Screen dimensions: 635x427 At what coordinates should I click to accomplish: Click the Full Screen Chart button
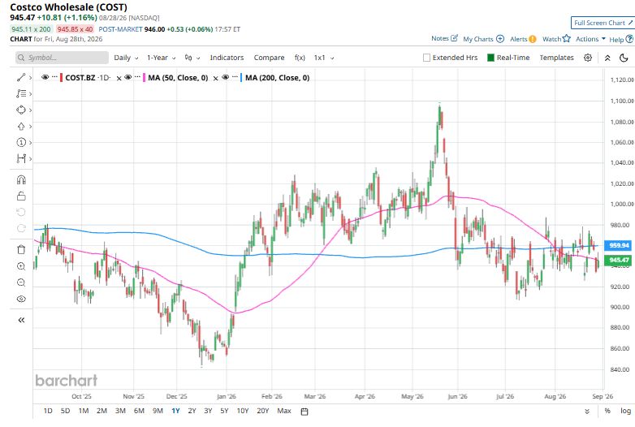[x=603, y=23]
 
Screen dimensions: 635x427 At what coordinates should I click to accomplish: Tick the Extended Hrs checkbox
[x=426, y=58]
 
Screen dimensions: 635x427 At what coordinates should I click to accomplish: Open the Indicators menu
[x=227, y=58]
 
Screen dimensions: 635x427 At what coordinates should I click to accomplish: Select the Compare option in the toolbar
[x=269, y=58]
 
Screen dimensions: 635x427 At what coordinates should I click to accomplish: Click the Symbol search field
[x=62, y=58]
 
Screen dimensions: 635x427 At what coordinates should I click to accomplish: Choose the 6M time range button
[x=139, y=411]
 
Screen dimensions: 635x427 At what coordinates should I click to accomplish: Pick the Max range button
[x=284, y=411]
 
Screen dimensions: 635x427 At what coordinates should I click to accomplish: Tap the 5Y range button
[x=224, y=411]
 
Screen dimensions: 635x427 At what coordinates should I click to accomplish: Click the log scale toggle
[x=626, y=411]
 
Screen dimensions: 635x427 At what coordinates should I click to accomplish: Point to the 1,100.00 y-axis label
[x=622, y=101]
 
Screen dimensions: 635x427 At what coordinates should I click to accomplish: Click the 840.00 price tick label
[x=620, y=369]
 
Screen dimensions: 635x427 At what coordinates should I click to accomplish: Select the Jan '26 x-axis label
[x=227, y=396]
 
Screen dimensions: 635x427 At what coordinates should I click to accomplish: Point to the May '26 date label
[x=413, y=396]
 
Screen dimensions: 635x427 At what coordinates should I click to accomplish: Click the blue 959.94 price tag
[x=620, y=245]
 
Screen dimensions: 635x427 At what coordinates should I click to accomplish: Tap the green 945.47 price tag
[x=620, y=260]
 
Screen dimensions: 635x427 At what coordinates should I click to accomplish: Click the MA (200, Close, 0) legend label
[x=278, y=78]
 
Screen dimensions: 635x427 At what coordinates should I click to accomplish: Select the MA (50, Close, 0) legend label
[x=178, y=78]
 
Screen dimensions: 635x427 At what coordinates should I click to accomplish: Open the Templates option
[x=556, y=58]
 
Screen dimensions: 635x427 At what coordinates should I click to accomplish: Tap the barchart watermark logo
[x=67, y=380]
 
